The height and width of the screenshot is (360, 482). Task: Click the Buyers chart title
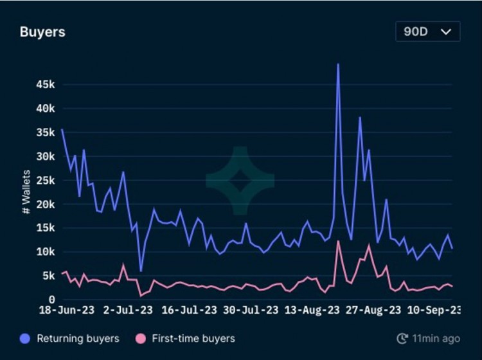[42, 32]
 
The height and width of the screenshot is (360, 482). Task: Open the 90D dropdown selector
[427, 32]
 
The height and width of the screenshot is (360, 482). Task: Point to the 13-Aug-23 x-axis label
[311, 310]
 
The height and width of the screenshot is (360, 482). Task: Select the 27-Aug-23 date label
[373, 310]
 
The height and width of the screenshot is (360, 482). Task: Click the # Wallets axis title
[26, 192]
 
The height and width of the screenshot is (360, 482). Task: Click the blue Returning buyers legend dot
[25, 338]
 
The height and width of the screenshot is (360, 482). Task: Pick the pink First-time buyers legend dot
[141, 338]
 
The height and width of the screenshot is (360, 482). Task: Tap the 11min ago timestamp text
[436, 338]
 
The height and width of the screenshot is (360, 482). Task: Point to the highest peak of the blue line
[338, 64]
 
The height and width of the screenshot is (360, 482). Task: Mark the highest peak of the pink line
[338, 241]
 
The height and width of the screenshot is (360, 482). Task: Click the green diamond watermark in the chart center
[240, 181]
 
